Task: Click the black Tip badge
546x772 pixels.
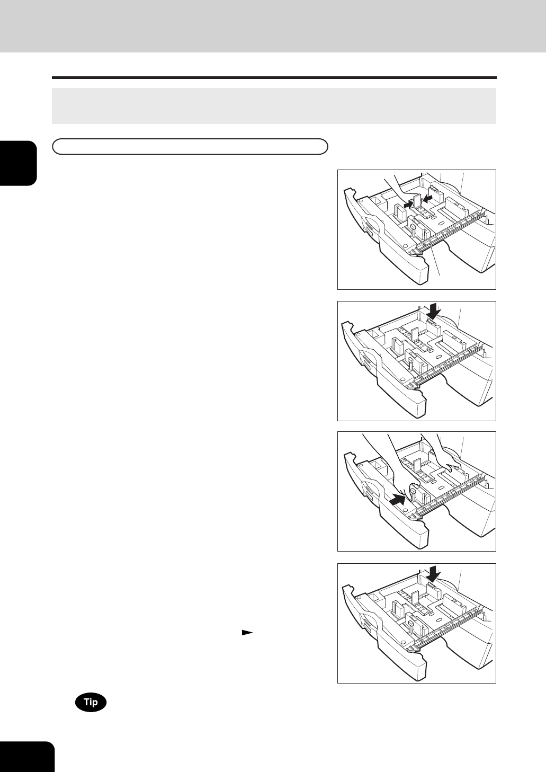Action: point(91,702)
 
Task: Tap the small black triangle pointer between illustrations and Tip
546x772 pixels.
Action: point(247,633)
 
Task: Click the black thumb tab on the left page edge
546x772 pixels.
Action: point(18,163)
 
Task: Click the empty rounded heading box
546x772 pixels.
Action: point(190,146)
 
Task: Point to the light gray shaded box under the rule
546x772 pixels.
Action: point(274,106)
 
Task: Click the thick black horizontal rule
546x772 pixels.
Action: point(274,78)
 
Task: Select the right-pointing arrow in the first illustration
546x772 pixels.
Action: point(408,205)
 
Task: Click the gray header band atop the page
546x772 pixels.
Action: point(273,26)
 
